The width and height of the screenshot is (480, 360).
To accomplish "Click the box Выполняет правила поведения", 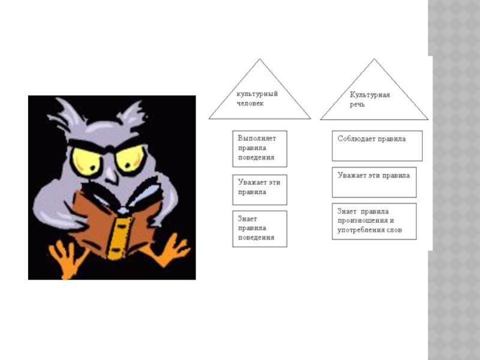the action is pos(259,148).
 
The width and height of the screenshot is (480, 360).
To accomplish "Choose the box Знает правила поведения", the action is pos(259,229).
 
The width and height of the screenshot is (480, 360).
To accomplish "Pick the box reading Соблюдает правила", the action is pos(377,146).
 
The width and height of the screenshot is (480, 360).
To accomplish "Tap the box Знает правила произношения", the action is pos(374,221).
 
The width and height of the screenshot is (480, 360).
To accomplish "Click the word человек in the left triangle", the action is pos(250,103).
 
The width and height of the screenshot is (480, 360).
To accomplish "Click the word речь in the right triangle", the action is pos(358,104).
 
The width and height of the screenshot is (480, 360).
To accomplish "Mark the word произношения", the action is pos(358,221).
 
